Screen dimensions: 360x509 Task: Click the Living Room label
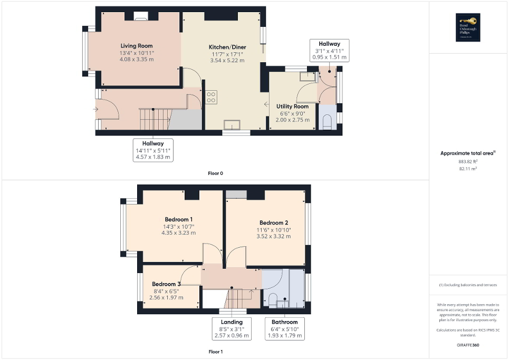[x=137, y=46]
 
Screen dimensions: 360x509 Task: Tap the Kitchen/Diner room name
[x=227, y=47]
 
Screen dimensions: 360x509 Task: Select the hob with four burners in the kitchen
[x=211, y=97]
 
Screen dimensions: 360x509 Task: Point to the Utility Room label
[x=292, y=106]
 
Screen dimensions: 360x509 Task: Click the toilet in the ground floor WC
[x=326, y=123]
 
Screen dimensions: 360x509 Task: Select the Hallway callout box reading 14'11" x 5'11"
[x=152, y=150]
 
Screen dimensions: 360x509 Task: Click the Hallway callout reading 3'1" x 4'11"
[x=329, y=51]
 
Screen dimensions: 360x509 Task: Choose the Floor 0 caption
[x=216, y=173]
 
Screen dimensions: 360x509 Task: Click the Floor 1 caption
[x=216, y=352]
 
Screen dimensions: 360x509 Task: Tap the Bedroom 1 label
[x=178, y=219]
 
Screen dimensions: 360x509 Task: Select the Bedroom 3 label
[x=166, y=284]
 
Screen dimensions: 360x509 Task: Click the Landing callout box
[x=232, y=329]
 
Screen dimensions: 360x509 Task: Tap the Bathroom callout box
[x=284, y=329]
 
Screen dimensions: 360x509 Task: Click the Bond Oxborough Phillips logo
[x=466, y=27]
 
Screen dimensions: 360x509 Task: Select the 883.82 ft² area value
[x=467, y=161]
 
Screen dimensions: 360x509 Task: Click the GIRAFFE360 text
[x=468, y=345]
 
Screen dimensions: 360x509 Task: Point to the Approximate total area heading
[x=467, y=153]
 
